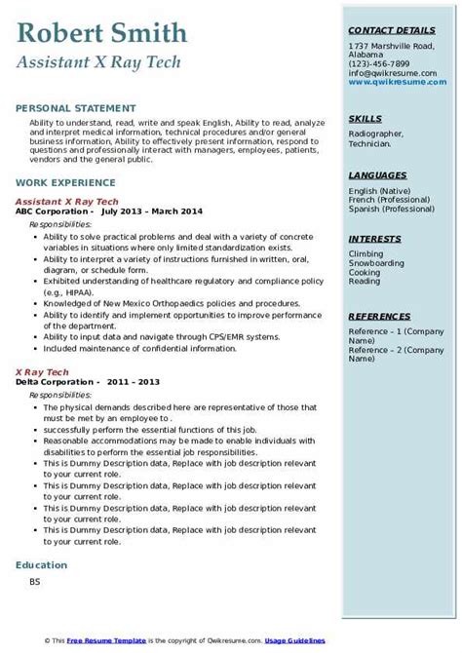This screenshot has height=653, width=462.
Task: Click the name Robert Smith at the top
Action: pos(102,34)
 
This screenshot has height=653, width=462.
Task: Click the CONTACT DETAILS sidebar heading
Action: pos(391,31)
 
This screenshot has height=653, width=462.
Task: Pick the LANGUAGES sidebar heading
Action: pos(377,174)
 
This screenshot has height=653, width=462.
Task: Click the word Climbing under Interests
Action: pos(366,253)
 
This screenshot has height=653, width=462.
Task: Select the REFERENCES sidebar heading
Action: pos(381,317)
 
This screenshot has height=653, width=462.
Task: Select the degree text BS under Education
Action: pos(35,584)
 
